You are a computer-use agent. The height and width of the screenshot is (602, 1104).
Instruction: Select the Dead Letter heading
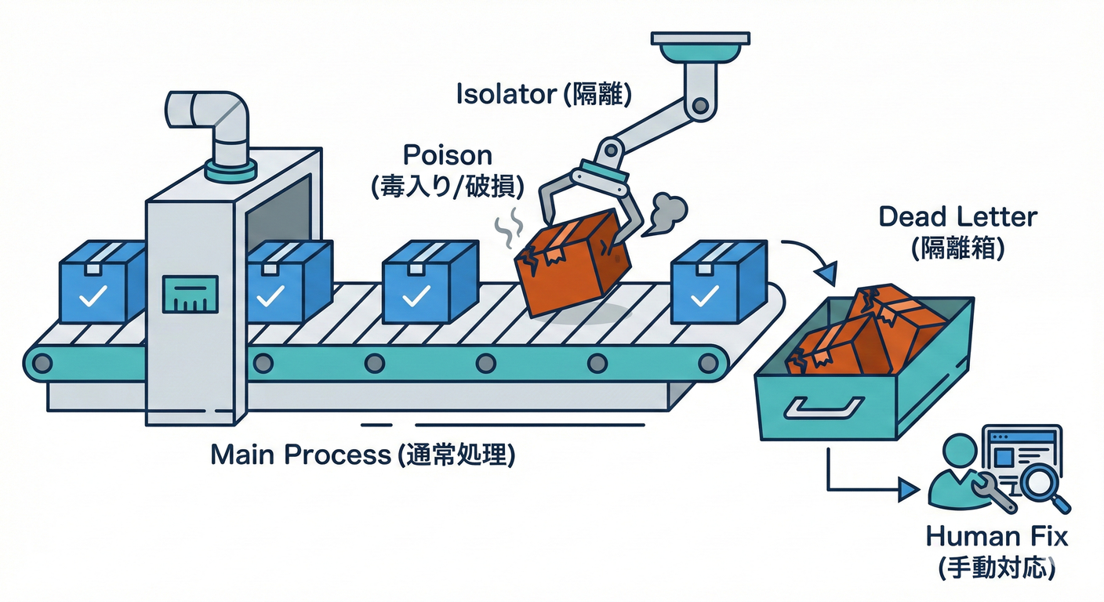point(957,216)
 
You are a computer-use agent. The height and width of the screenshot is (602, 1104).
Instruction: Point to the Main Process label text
point(300,455)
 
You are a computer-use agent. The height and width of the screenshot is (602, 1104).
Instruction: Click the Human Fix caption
point(996,538)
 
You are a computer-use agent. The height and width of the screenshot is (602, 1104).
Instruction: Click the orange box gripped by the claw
point(571,263)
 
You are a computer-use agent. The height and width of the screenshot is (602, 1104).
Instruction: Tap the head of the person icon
point(957,451)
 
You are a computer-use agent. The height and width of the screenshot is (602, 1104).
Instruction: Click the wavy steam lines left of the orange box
point(508,224)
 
